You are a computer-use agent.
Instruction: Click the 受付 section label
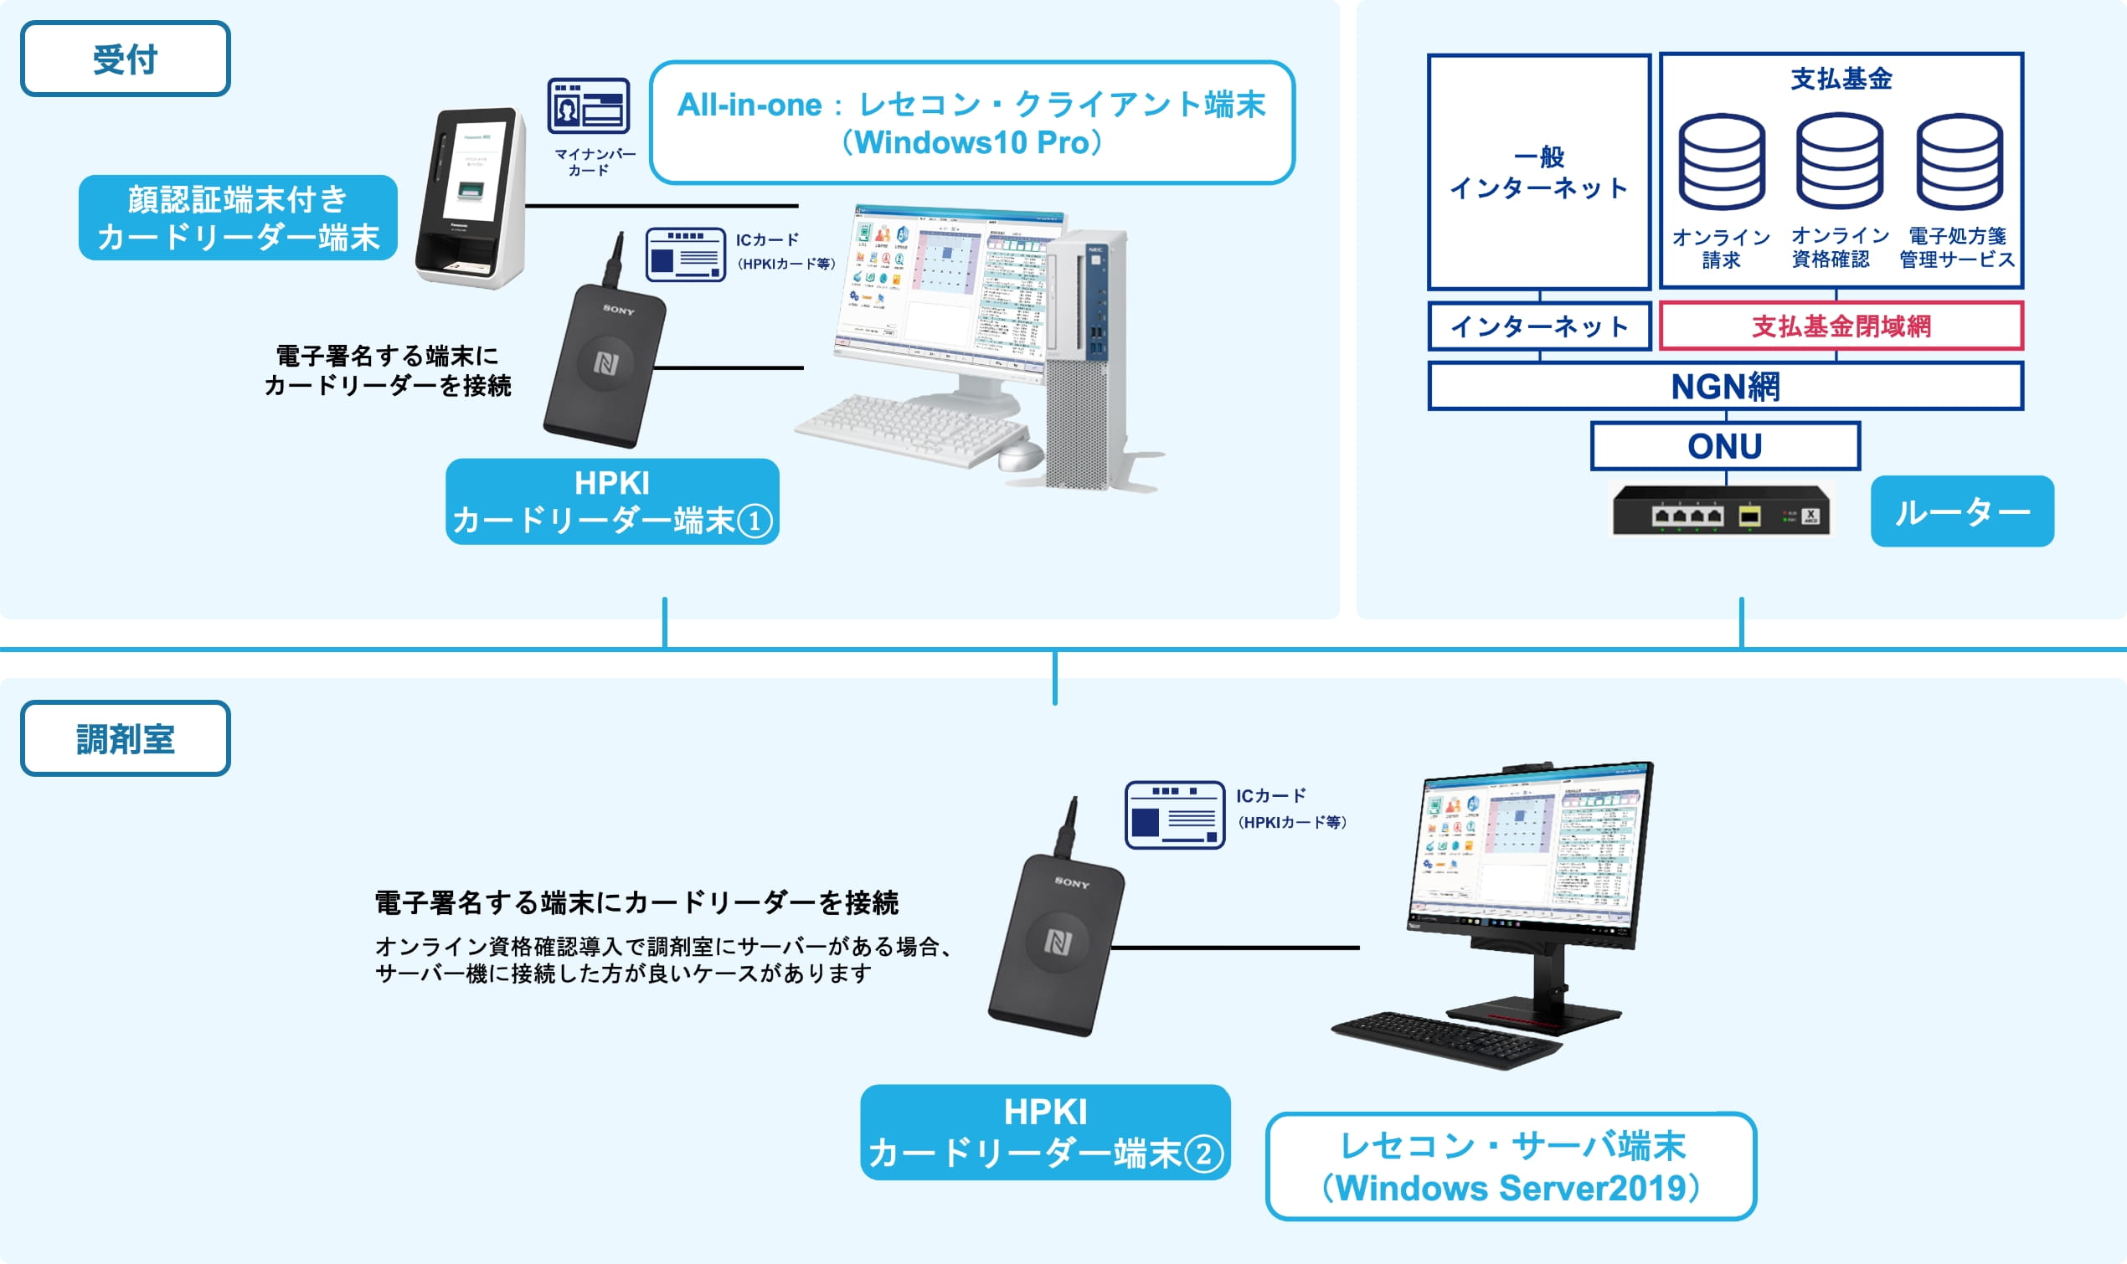point(126,59)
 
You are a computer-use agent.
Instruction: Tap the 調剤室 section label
point(126,737)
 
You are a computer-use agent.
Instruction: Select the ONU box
point(1725,445)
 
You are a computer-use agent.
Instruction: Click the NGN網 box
point(1725,386)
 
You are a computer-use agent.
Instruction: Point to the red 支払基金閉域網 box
point(1841,326)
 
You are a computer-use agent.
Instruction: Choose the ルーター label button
point(1962,511)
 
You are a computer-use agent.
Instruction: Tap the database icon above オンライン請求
point(1722,162)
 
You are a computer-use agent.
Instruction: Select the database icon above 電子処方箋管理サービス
point(1960,162)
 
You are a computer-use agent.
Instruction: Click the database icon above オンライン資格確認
point(1840,162)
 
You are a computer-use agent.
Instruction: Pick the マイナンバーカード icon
point(589,106)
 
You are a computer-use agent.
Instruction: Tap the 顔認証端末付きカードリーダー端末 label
point(238,217)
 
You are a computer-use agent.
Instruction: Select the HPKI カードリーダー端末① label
point(611,501)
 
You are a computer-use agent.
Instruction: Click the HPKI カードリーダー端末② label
point(1045,1132)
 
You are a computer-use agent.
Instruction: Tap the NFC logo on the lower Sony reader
point(1058,941)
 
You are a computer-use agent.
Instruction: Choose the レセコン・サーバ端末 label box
point(1511,1165)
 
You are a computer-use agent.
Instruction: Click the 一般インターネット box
point(1538,172)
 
